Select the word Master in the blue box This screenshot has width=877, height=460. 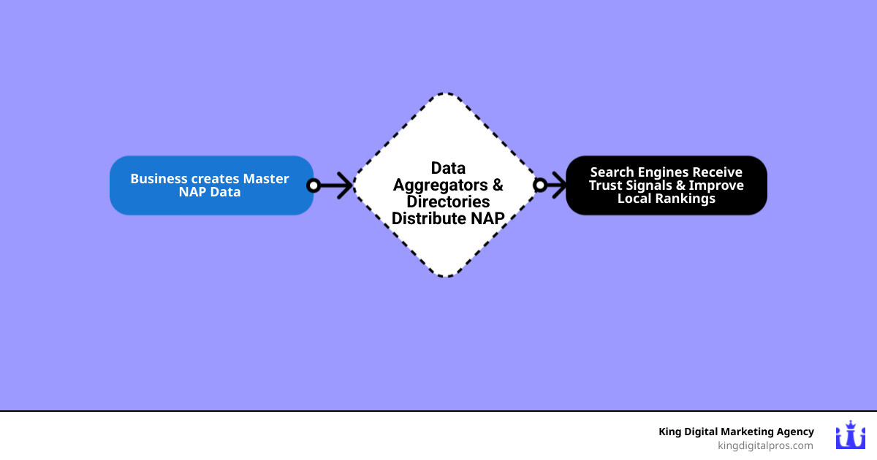266,179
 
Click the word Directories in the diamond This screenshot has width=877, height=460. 448,202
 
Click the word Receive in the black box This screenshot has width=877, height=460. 718,172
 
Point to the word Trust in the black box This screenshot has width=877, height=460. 607,185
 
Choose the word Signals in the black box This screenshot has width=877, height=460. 653,185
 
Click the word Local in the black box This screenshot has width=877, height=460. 634,199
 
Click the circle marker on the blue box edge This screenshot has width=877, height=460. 314,185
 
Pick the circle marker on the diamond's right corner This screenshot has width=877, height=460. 540,185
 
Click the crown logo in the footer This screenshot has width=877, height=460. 850,436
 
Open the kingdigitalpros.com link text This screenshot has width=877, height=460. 765,445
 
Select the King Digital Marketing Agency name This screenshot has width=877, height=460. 736,432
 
